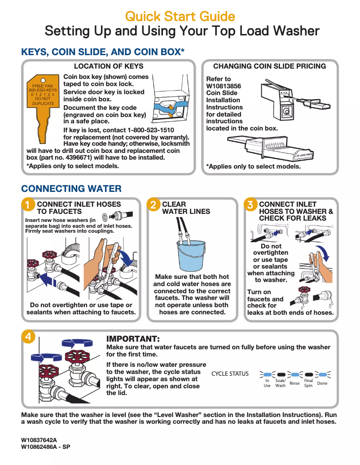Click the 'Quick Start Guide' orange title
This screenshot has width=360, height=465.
coord(180,17)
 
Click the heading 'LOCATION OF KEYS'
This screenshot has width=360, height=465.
coord(109,66)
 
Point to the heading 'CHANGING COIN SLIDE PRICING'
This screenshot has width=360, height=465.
coord(269,66)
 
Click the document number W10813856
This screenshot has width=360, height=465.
coord(224,86)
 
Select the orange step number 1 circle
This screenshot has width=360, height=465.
coord(28,205)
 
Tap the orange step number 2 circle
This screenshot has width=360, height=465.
coord(154,205)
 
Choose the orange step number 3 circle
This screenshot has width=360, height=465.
coord(250,205)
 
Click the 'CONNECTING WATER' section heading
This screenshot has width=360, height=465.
coord(71,188)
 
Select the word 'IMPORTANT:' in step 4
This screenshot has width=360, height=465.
coord(133,339)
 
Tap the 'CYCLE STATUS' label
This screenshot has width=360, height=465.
coord(230,374)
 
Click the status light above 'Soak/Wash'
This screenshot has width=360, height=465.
coord(281,374)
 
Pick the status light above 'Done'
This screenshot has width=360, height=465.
coord(322,374)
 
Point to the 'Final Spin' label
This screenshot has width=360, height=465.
coord(308,383)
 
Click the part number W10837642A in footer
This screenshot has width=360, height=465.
coord(39,440)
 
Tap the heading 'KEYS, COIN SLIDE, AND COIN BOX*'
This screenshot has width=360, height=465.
coord(103,52)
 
